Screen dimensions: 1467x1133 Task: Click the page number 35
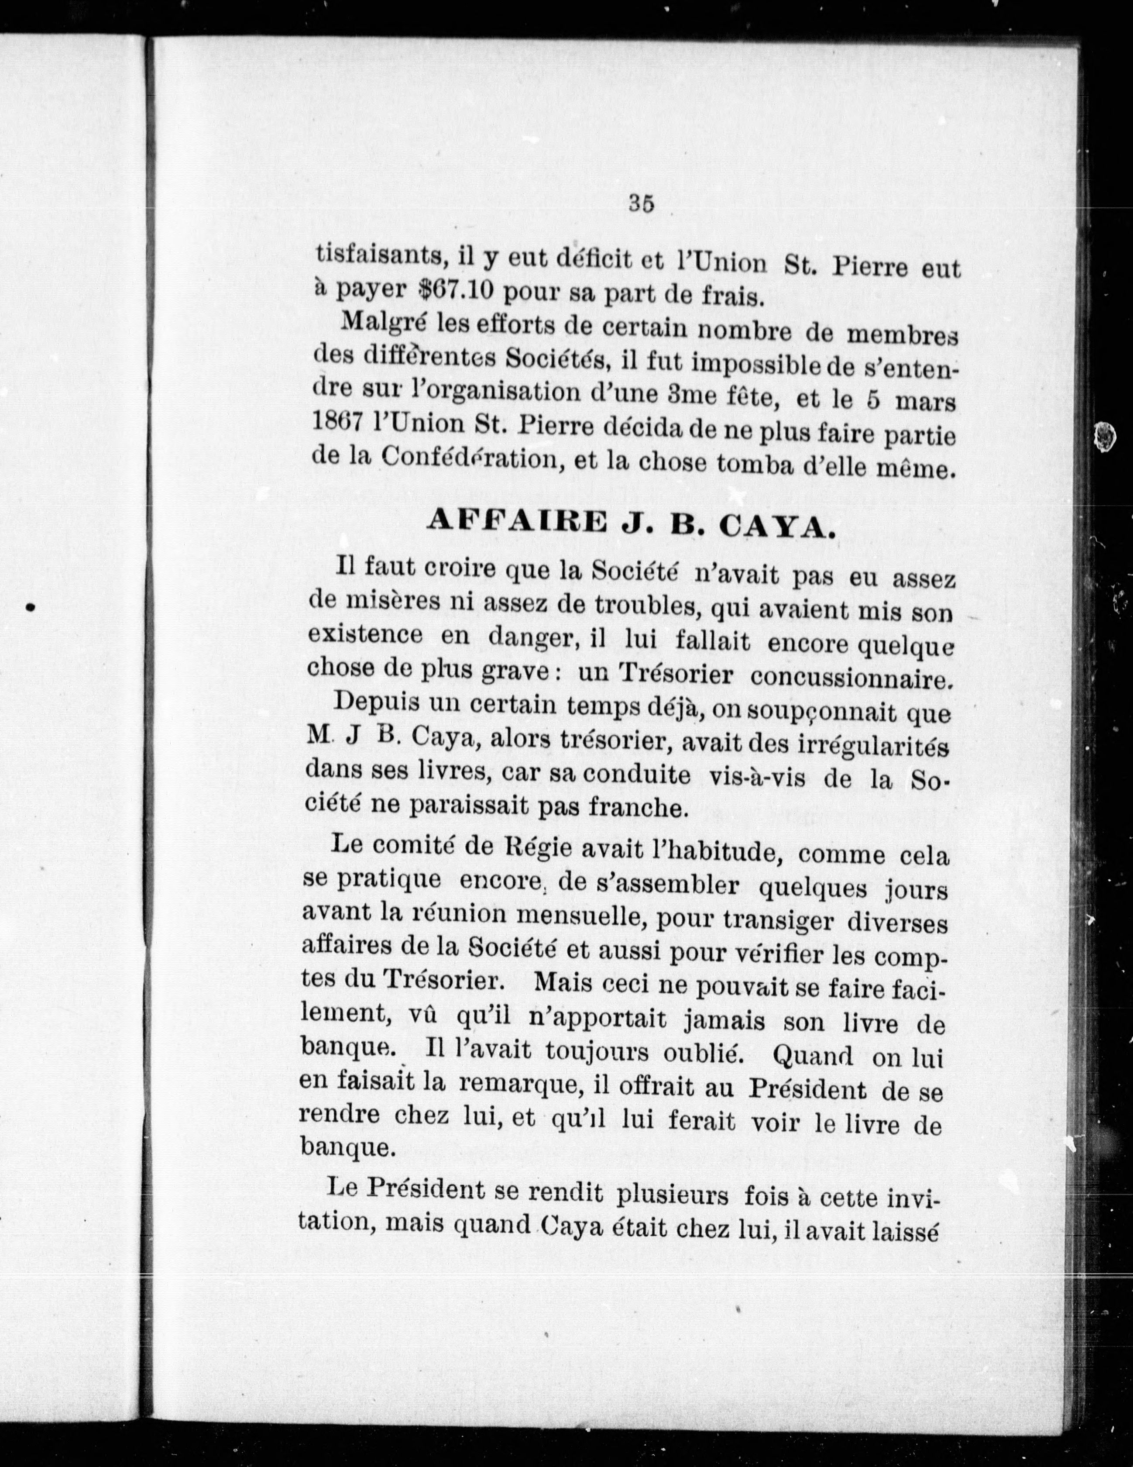tap(642, 202)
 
